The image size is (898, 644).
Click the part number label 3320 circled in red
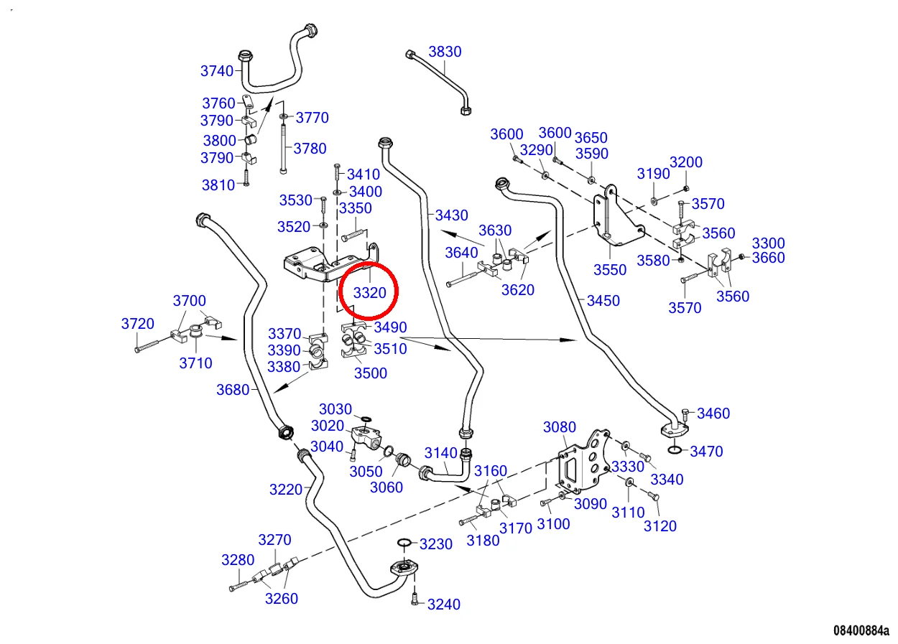click(x=370, y=293)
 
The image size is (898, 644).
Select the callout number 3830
click(x=445, y=52)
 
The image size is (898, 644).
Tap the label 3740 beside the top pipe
click(x=217, y=70)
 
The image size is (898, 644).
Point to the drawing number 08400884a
click(x=861, y=630)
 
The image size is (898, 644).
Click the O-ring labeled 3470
click(x=675, y=450)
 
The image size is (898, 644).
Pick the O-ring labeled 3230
click(x=404, y=542)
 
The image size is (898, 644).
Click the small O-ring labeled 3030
click(x=366, y=419)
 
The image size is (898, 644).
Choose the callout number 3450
click(x=603, y=301)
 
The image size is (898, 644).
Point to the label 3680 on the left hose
click(x=233, y=390)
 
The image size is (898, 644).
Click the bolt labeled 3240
click(x=415, y=599)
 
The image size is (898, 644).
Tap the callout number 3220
click(x=286, y=490)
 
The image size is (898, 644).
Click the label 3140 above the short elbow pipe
click(x=440, y=453)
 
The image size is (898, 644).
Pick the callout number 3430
click(x=451, y=215)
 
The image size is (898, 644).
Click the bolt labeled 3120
click(x=654, y=497)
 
